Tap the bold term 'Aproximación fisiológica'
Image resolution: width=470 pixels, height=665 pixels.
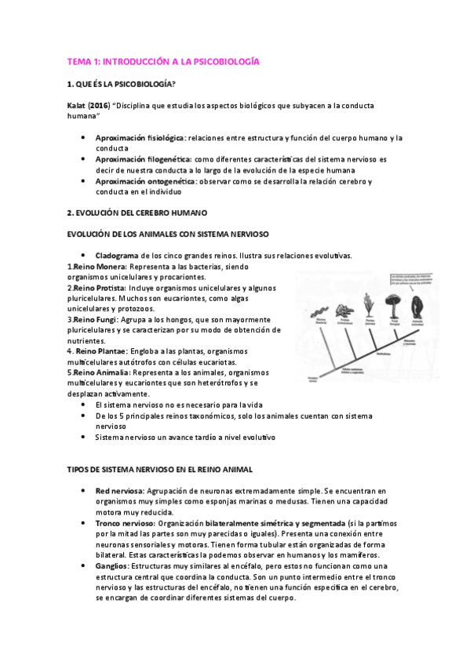[x=140, y=137]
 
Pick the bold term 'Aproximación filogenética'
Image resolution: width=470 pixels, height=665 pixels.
[x=141, y=159]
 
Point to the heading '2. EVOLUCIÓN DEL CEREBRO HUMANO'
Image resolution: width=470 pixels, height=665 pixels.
[x=138, y=213]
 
